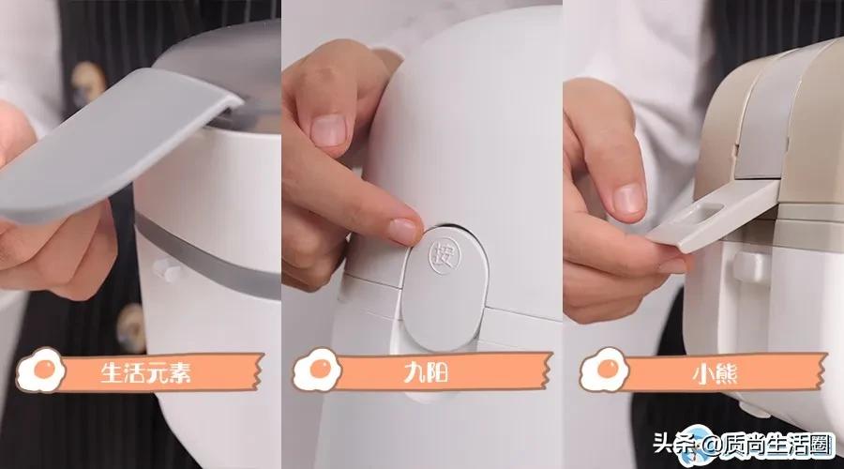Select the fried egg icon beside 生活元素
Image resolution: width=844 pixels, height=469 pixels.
pos(39,369)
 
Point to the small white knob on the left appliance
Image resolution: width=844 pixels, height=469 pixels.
pos(168,270)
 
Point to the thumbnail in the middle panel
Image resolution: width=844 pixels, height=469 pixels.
pos(328,129)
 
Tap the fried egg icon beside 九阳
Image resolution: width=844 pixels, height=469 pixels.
pos(316,369)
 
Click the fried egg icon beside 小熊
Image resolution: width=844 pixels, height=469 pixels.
pos(603,369)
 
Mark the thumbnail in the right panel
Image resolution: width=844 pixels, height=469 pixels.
pos(629,197)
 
